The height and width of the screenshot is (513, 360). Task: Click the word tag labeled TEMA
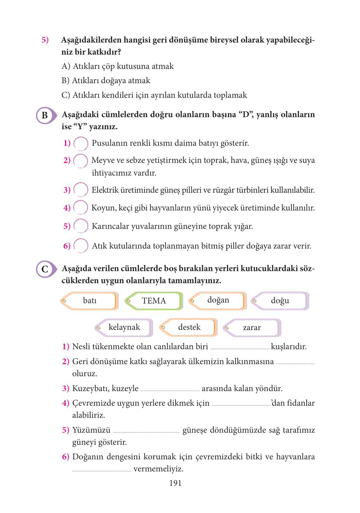[x=154, y=301]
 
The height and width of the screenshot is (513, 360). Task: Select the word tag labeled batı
[x=90, y=301]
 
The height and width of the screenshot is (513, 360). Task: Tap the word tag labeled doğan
[x=218, y=300]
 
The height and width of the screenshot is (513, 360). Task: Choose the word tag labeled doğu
[x=280, y=301]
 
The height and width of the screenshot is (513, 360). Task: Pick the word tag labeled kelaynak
[x=124, y=327]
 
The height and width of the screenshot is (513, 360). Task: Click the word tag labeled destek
[x=189, y=327]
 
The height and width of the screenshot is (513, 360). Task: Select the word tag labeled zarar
[x=252, y=328]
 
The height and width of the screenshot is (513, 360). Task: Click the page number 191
[x=175, y=483]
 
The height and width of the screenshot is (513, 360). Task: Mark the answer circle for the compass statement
[x=81, y=143]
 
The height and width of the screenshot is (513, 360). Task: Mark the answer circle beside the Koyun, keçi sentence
[x=81, y=208]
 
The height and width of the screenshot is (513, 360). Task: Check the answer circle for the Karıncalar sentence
[x=81, y=226]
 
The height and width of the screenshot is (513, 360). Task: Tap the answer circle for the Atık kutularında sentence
[x=81, y=246]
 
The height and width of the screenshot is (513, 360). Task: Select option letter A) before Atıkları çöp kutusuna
[x=66, y=66]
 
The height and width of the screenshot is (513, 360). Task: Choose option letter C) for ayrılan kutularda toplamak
[x=66, y=95]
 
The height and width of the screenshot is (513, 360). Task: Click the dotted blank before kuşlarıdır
[x=240, y=348]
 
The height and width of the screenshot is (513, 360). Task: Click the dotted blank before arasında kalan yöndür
[x=170, y=390]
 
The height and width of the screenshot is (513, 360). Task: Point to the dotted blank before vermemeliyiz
[x=102, y=470]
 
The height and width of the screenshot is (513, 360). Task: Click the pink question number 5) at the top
[x=45, y=40]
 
